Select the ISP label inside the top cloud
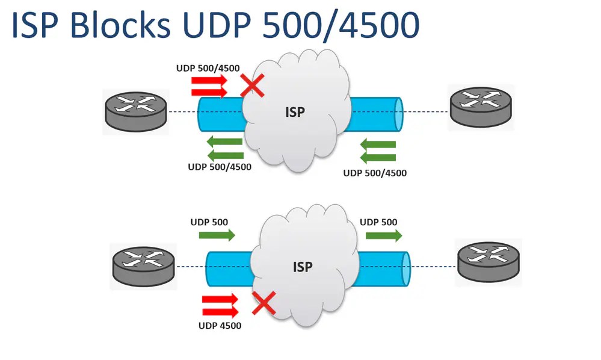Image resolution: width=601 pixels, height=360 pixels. pyautogui.click(x=295, y=111)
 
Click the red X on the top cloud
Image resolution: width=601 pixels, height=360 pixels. pyautogui.click(x=252, y=86)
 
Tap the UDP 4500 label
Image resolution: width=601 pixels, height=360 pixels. pyautogui.click(x=220, y=326)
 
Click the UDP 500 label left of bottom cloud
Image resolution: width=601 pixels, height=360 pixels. pyautogui.click(x=209, y=222)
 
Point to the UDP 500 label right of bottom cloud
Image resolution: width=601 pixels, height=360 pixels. pyautogui.click(x=378, y=222)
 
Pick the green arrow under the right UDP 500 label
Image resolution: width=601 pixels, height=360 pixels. pyautogui.click(x=384, y=235)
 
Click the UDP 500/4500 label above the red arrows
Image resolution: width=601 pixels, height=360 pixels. pyautogui.click(x=203, y=68)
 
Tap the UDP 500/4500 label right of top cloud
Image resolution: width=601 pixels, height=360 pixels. pyautogui.click(x=375, y=173)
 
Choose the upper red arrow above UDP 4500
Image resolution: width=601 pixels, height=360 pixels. pyautogui.click(x=221, y=299)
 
